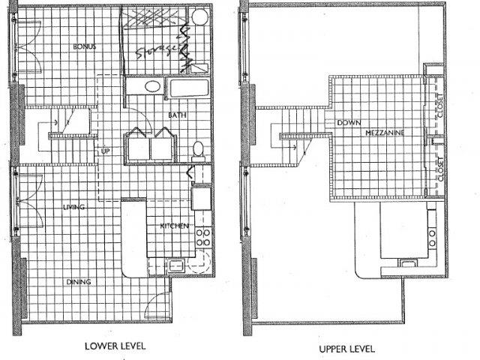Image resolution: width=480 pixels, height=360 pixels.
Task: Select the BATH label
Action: coord(177,115)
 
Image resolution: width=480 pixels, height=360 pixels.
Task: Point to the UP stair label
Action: coord(106,150)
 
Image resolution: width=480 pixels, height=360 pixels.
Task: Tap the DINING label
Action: coord(78,282)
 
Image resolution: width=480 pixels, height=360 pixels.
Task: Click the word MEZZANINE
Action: coord(386,132)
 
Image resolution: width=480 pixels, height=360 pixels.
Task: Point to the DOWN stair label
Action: coord(350,122)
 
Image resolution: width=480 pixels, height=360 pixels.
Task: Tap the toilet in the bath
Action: coord(198,148)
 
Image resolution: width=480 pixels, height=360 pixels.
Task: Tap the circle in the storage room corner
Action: coord(199,16)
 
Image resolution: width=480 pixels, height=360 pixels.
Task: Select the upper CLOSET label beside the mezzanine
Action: coord(440,109)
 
